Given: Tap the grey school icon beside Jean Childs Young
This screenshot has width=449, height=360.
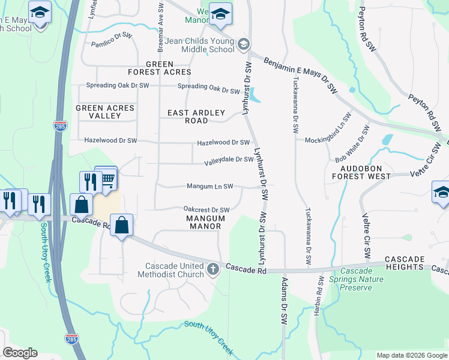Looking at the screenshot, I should coord(243,44).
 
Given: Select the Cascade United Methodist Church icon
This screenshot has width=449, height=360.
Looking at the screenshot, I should coord(213,270).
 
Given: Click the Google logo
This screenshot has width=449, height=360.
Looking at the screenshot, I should coord(20,353).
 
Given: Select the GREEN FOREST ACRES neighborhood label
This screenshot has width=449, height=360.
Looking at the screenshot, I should coord(160,68).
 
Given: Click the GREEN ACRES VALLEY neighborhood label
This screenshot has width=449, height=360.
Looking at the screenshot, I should coord(105,112).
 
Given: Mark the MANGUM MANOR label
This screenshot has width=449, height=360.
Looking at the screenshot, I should coord(205,223).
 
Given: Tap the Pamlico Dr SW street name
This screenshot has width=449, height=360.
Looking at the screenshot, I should coord(111,40).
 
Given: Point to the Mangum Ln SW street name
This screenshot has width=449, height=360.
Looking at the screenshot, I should coord(209,187).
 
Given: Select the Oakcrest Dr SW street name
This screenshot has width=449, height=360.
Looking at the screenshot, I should coord(206,209).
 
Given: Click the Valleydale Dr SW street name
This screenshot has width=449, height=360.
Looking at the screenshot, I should coord(228,160).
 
